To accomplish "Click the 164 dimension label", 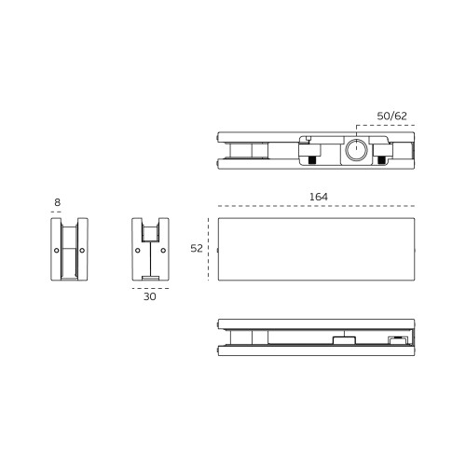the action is pyautogui.click(x=319, y=197).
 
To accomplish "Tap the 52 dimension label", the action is pyautogui.click(x=197, y=248).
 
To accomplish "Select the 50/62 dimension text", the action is pyautogui.click(x=391, y=116).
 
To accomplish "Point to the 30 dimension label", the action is pyautogui.click(x=150, y=296).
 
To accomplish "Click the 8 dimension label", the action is pyautogui.click(x=57, y=202).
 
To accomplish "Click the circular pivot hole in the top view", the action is pyautogui.click(x=357, y=149).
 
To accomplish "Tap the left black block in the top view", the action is pyautogui.click(x=311, y=159).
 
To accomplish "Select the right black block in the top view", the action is pyautogui.click(x=381, y=159).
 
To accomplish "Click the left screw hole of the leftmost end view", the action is pyautogui.click(x=57, y=250).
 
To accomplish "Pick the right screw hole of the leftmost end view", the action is pyautogui.click(x=82, y=250).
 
